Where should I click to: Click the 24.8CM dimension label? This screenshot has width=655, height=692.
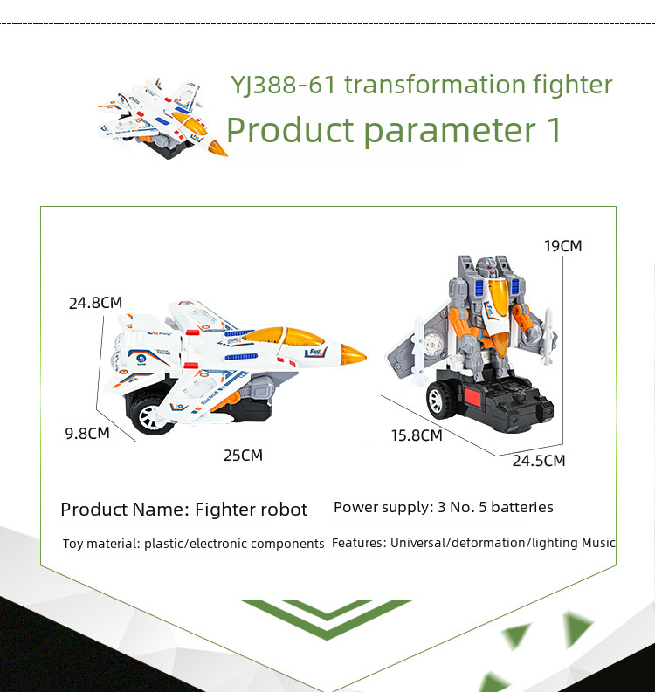[x=95, y=303]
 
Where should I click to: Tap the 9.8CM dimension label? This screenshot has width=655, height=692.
[x=87, y=433]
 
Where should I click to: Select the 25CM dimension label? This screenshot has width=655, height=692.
[x=243, y=455]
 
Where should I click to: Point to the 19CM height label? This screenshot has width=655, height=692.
[x=562, y=246]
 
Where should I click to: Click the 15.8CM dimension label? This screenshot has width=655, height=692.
[x=417, y=435]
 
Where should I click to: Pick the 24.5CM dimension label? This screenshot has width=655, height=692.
[x=539, y=461]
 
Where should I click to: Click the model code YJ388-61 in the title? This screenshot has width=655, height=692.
[x=283, y=85]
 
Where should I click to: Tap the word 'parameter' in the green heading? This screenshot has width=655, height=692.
[x=450, y=131]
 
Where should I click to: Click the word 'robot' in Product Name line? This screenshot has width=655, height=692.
[x=284, y=510]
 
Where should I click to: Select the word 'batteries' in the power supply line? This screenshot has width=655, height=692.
[x=522, y=507]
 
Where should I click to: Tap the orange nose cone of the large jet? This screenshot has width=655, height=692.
[x=353, y=354]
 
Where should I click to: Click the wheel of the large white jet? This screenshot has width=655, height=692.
[x=150, y=415]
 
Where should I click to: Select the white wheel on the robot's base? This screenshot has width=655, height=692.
[x=438, y=400]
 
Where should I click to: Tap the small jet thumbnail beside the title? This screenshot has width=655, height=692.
[x=162, y=119]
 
